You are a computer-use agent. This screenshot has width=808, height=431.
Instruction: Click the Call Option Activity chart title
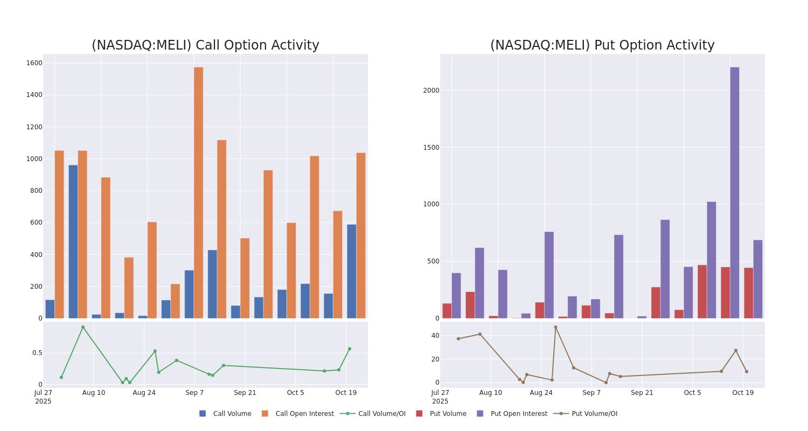point(205,46)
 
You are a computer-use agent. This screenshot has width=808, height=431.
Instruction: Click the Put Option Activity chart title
point(602,46)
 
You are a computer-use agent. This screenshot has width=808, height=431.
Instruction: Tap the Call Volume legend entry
point(225,414)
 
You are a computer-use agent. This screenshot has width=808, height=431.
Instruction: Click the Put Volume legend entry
point(441,414)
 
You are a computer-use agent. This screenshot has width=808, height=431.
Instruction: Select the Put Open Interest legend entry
point(512,414)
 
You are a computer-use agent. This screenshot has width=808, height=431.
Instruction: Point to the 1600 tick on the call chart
point(34,63)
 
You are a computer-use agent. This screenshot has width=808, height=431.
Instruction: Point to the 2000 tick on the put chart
point(431,91)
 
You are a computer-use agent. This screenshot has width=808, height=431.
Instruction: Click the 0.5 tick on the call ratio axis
point(37,353)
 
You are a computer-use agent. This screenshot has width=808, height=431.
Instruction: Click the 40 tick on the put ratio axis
point(435,336)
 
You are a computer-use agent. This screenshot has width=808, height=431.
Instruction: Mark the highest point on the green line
point(83,327)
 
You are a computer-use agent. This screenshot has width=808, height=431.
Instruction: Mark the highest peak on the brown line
point(555,327)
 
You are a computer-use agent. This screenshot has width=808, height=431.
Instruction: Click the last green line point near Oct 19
point(349,349)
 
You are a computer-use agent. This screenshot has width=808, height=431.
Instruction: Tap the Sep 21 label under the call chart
point(245,393)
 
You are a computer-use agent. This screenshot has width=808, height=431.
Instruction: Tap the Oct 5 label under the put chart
point(692,393)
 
